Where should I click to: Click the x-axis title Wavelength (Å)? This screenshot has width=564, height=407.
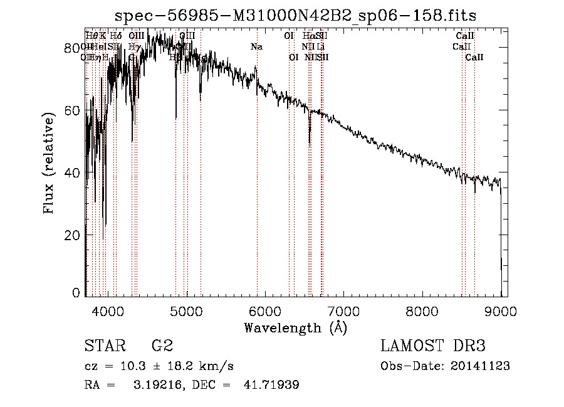pyautogui.click(x=295, y=327)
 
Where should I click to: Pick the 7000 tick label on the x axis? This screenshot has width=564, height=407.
pyautogui.click(x=344, y=310)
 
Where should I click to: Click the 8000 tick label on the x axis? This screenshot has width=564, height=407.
pyautogui.click(x=423, y=310)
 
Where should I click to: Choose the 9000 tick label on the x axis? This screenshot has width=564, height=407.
pyautogui.click(x=501, y=310)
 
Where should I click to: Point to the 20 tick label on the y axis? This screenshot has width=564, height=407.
pyautogui.click(x=73, y=235)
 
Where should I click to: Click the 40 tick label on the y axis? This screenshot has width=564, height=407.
pyautogui.click(x=73, y=172)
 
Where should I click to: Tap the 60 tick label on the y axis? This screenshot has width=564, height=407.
pyautogui.click(x=73, y=110)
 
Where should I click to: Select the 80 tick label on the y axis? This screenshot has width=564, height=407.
pyautogui.click(x=73, y=48)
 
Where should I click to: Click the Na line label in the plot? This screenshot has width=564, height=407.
pyautogui.click(x=256, y=46)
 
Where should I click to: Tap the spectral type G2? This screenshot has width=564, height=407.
pyautogui.click(x=162, y=346)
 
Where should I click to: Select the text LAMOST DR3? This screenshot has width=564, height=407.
pyautogui.click(x=433, y=346)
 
